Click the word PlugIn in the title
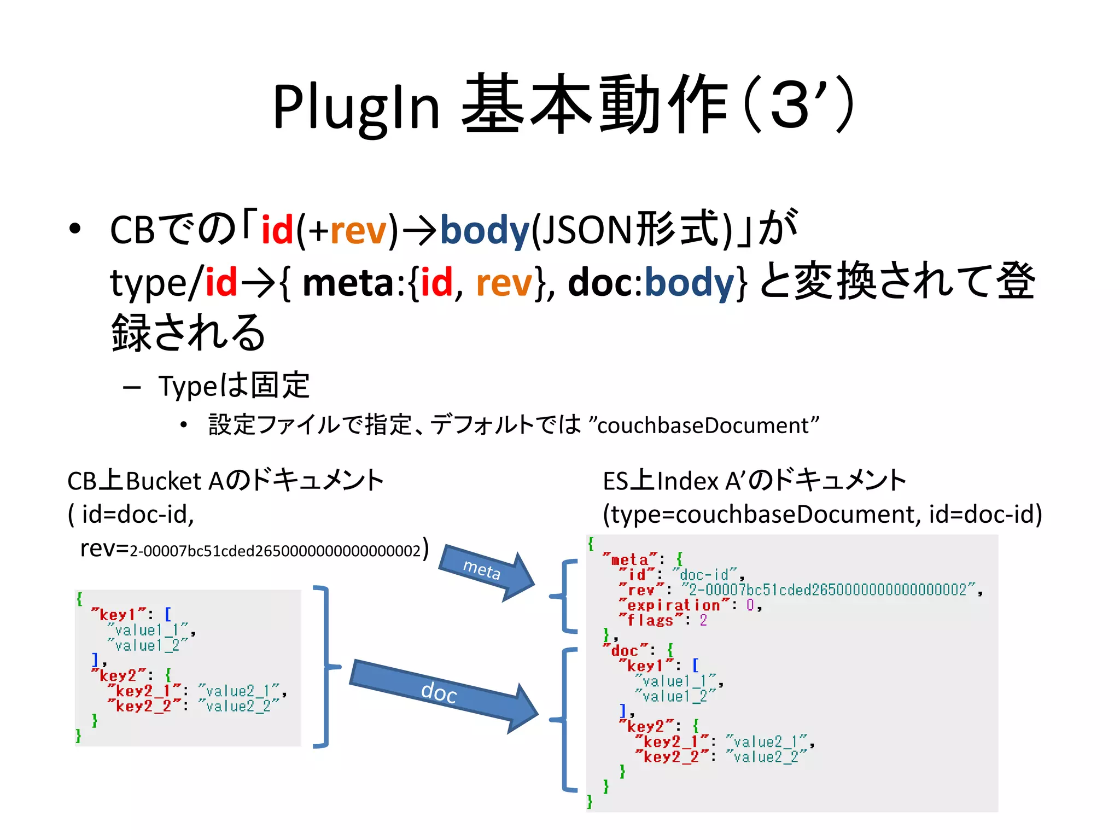click(356, 107)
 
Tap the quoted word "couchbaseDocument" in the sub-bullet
click(703, 425)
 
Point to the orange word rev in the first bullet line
click(359, 230)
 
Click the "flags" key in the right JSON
click(651, 621)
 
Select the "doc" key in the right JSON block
click(625, 651)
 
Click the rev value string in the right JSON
click(828, 590)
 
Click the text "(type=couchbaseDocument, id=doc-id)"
click(822, 515)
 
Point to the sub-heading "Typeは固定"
click(234, 386)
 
